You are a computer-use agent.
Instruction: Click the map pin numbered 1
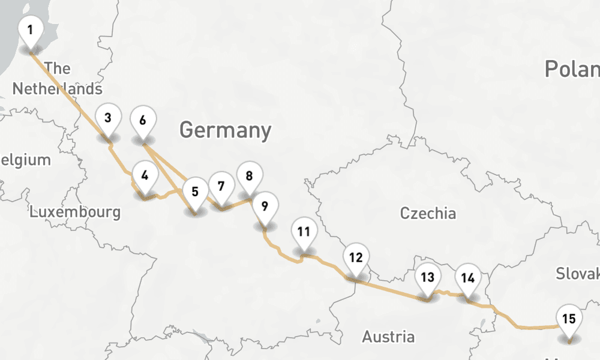pos(31,29)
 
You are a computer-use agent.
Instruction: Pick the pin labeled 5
pos(195,193)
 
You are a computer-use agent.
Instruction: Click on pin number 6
pos(142,121)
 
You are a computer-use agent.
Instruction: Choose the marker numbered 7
pos(221,186)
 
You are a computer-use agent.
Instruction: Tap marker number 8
pos(249,176)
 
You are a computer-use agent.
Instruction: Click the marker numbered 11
pos(304,232)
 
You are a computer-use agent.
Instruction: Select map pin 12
pos(356,259)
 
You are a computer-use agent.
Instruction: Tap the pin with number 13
pos(427,278)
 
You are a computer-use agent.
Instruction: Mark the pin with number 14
pos(468,278)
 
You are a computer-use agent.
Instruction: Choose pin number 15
pos(569,319)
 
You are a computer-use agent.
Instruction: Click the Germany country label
pos(225,130)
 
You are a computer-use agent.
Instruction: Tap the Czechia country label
pos(428,213)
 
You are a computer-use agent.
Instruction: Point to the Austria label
pos(388,337)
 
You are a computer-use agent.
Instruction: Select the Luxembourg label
pos(75,212)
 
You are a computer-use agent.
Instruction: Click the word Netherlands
pos(57,89)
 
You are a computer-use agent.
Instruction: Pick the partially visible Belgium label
pos(25,160)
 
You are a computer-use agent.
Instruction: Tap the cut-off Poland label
pos(572,69)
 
